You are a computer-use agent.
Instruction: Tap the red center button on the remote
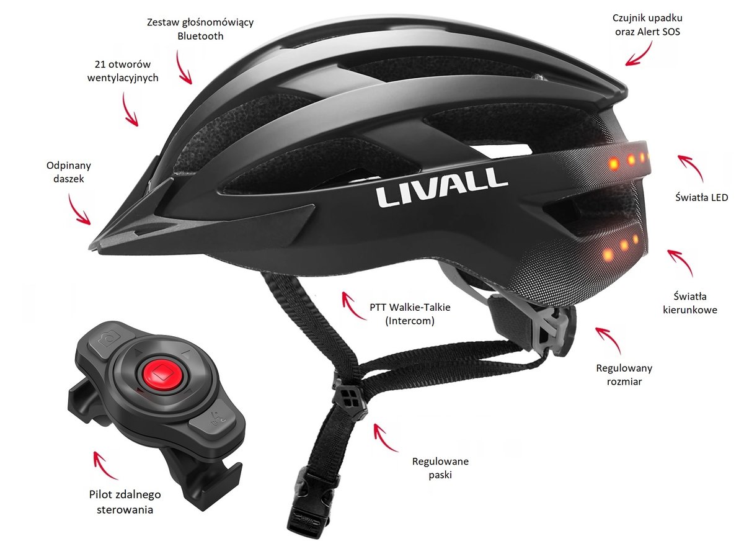(163, 374)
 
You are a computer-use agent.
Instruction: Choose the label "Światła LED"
(701, 198)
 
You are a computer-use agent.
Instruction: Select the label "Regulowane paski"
(440, 468)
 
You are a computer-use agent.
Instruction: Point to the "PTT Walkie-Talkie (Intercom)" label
(401, 314)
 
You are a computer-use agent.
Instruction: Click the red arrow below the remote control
(106, 466)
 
